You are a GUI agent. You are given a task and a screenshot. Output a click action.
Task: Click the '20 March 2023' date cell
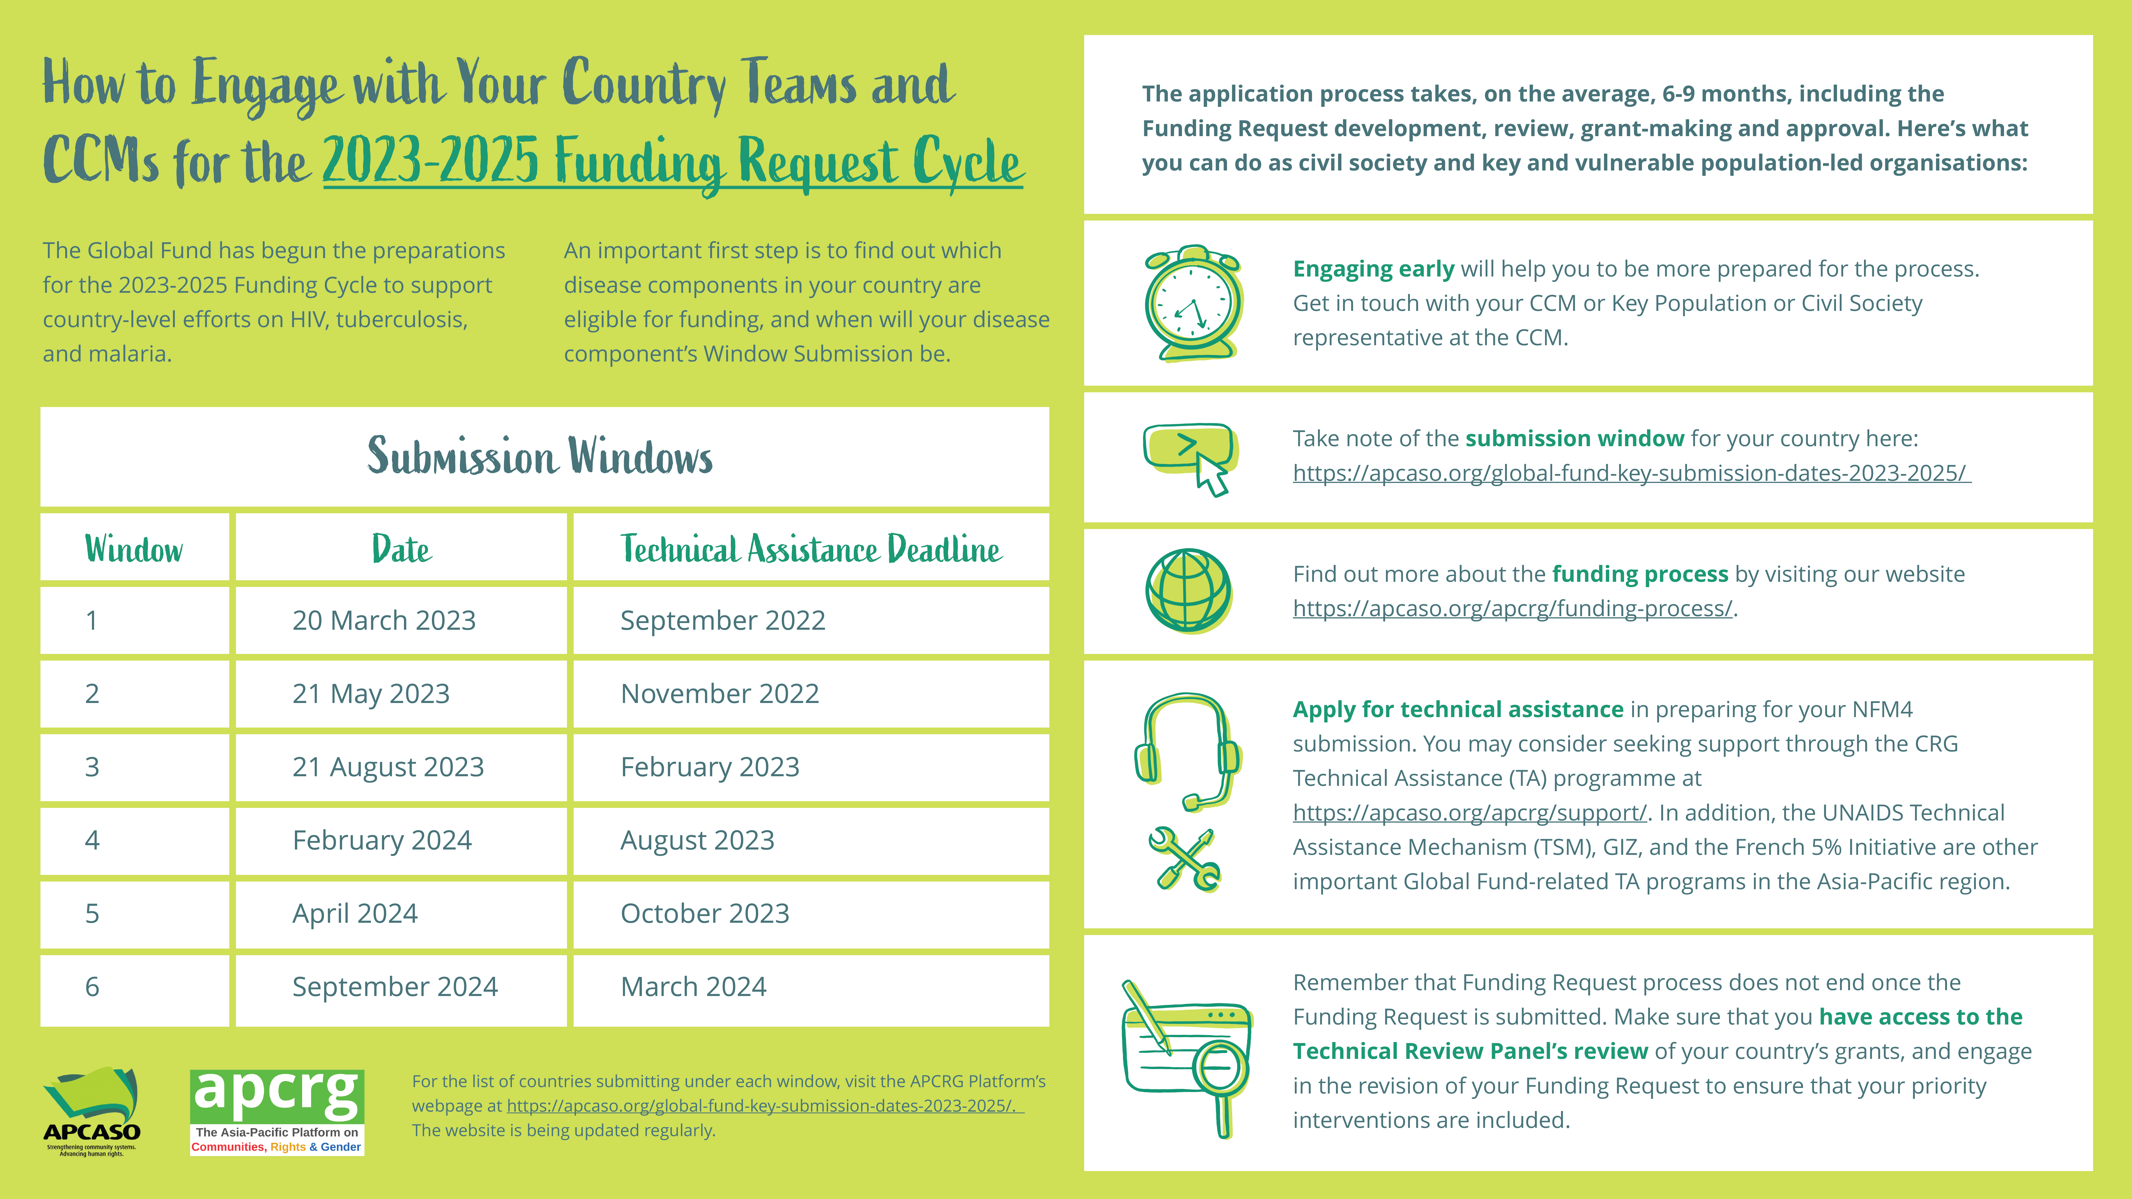click(x=384, y=621)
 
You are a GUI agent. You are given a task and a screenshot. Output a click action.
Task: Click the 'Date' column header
click(x=401, y=550)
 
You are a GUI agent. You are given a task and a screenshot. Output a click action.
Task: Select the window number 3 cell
click(x=92, y=767)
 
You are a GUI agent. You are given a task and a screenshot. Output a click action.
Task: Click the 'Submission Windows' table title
click(x=540, y=457)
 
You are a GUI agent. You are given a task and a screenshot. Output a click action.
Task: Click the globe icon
click(x=1188, y=591)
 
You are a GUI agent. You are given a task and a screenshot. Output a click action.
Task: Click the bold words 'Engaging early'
click(x=1373, y=269)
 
